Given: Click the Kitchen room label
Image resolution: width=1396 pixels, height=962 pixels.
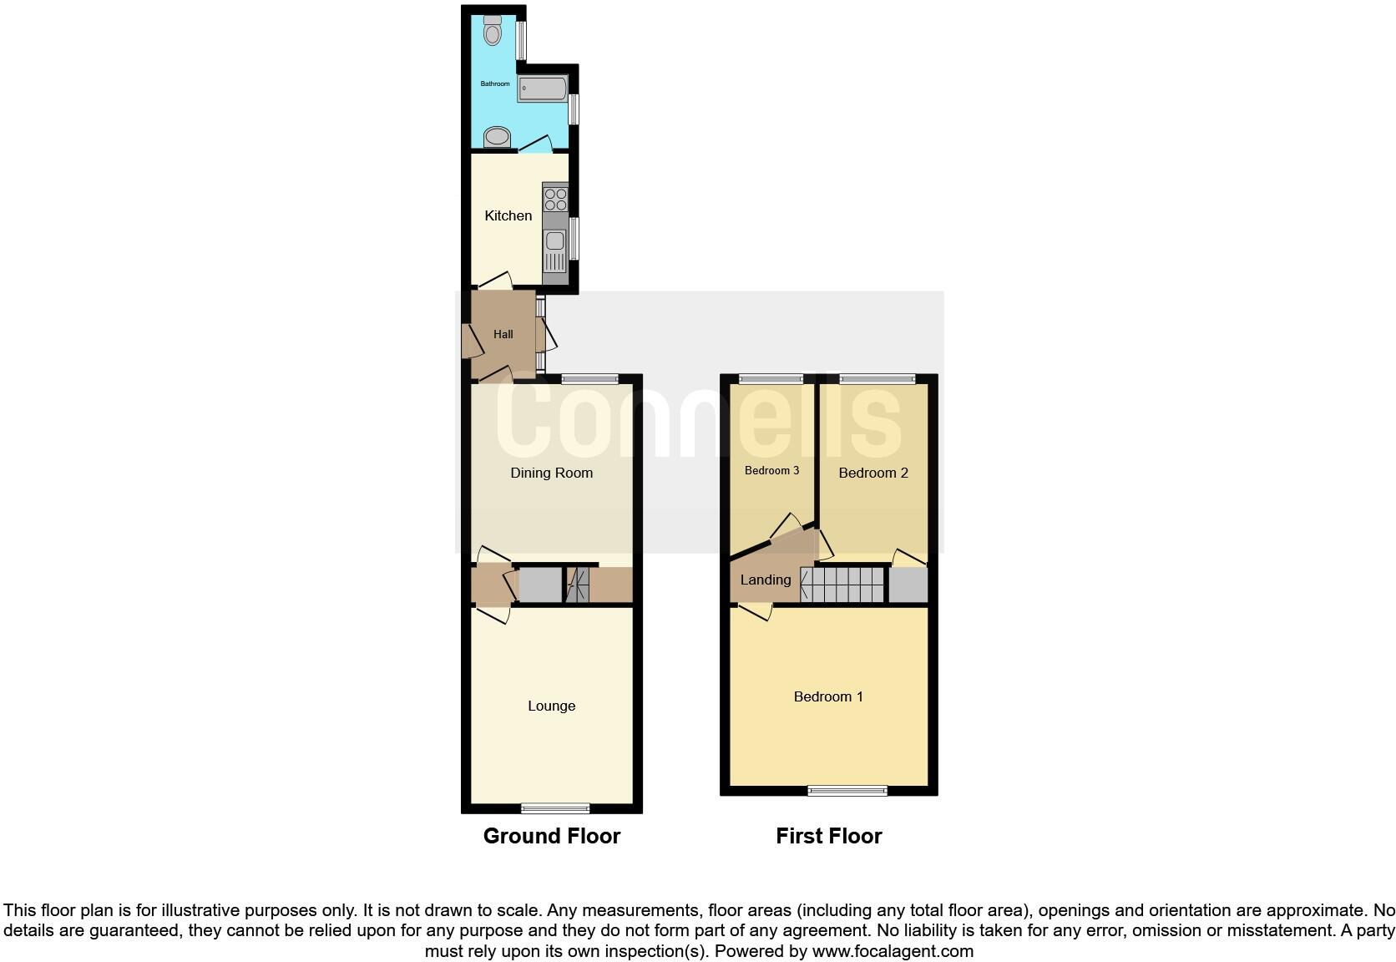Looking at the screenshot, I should (x=508, y=215).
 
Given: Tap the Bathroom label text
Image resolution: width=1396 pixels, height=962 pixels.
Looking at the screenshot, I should (x=494, y=84).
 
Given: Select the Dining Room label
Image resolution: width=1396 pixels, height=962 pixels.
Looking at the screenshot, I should (x=551, y=473).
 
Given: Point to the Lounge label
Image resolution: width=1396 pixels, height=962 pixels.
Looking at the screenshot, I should (x=551, y=706).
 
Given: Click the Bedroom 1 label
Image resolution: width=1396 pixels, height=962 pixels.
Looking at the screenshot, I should (x=828, y=696).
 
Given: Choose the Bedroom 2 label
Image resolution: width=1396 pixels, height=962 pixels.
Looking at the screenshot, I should (x=872, y=473).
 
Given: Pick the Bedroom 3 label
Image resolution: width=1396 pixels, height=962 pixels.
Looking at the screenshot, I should (x=771, y=470).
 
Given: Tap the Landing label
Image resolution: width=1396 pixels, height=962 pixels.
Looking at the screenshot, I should (x=765, y=580).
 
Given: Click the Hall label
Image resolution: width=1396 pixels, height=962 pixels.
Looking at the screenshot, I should (x=503, y=334).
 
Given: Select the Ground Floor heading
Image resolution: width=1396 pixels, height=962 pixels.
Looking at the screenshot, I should (x=551, y=836).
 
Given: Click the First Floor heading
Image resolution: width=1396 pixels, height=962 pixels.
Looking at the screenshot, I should (x=828, y=836).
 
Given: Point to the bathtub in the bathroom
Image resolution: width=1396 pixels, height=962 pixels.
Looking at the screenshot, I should (x=542, y=88).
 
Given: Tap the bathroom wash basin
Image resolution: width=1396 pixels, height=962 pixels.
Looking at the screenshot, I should (x=497, y=137).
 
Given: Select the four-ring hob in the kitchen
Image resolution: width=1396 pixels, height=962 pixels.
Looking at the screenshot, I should (x=555, y=199).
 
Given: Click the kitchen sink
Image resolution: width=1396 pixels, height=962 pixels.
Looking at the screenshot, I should (x=555, y=242).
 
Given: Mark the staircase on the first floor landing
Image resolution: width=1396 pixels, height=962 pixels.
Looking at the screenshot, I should (x=842, y=585).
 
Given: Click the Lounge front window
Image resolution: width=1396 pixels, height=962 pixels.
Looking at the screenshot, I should (x=555, y=808).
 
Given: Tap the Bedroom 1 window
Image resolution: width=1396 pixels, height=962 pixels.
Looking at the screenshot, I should (x=848, y=790).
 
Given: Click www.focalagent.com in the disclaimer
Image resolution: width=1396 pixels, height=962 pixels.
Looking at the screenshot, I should (x=892, y=950).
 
